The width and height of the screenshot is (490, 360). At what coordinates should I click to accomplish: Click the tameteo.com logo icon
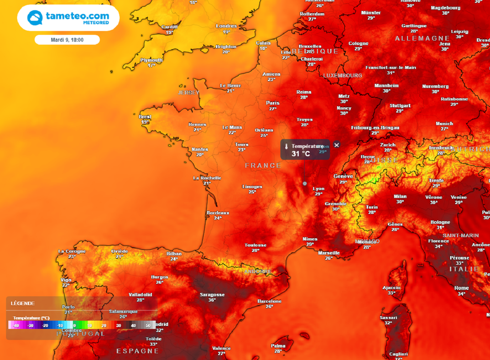(x=35, y=18)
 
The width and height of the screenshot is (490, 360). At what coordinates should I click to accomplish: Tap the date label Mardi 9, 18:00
(x=67, y=40)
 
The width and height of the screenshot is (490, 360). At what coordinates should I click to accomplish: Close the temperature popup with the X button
(x=336, y=145)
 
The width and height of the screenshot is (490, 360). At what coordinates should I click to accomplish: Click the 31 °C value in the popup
(x=301, y=154)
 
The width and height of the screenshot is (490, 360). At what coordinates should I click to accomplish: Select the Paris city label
(x=273, y=103)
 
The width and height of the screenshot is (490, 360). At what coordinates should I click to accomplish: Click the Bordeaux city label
(x=218, y=213)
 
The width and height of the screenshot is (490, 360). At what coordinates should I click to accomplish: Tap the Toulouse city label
(x=256, y=245)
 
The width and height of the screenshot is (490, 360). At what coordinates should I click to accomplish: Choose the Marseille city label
(x=329, y=253)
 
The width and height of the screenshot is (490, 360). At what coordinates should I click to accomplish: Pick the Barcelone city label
(x=269, y=301)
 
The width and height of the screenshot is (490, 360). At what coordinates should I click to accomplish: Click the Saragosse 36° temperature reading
(x=212, y=300)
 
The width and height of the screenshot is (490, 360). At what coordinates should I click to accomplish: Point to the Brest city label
(x=145, y=117)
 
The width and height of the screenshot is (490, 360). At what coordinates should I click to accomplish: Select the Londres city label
(x=226, y=26)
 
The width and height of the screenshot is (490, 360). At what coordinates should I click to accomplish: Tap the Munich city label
(x=445, y=124)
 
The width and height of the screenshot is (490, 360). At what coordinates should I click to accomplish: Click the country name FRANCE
(x=263, y=165)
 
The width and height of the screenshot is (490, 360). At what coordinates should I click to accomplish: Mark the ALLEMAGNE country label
(x=423, y=38)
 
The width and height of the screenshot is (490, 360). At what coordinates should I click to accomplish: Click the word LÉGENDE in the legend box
(x=22, y=303)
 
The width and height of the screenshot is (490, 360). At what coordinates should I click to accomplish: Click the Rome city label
(x=462, y=288)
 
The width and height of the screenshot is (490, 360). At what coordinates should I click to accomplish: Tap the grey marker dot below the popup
(x=305, y=183)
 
